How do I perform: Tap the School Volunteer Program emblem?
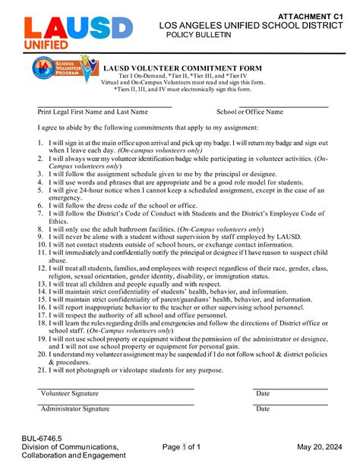click(x=64, y=69)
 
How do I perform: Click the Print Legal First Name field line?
click(x=105, y=106)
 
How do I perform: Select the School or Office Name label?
click(x=249, y=112)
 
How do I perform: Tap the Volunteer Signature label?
click(x=69, y=394)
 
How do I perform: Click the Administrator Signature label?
click(x=74, y=409)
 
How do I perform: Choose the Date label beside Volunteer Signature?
click(x=263, y=394)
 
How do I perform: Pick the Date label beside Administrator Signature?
click(x=263, y=409)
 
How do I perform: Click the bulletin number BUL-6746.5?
click(x=42, y=437)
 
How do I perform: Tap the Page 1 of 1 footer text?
click(x=182, y=447)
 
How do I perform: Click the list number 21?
click(x=42, y=370)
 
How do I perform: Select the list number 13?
click(x=42, y=284)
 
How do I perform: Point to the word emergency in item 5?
click(x=65, y=197)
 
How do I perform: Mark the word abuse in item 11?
click(x=58, y=260)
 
